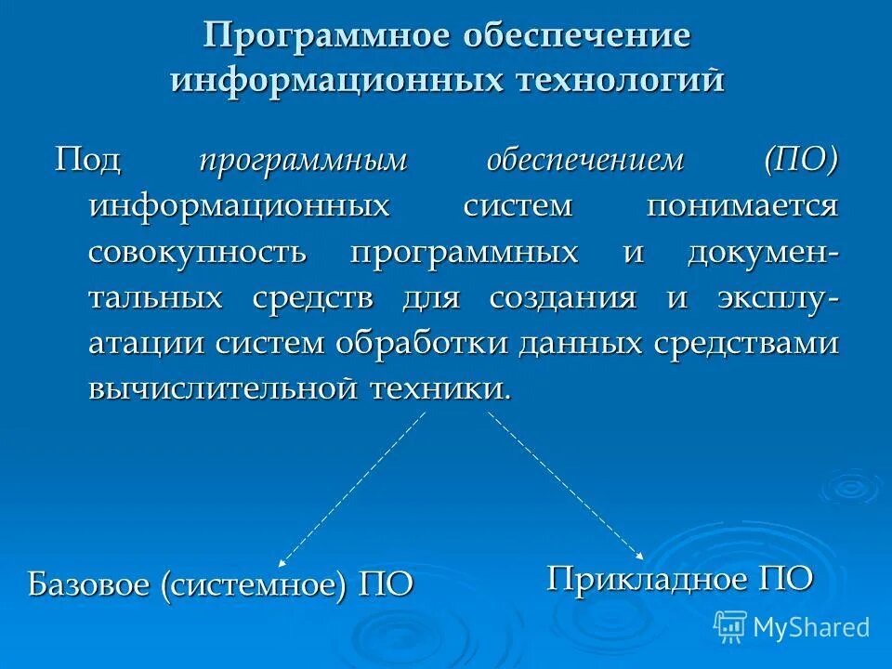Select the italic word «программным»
(302, 160)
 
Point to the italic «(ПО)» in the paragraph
(801, 159)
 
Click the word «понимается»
(742, 205)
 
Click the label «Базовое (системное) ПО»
(220, 585)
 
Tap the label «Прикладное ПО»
(680, 578)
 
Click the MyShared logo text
(811, 627)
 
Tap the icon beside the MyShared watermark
(730, 627)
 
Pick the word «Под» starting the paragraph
(87, 160)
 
